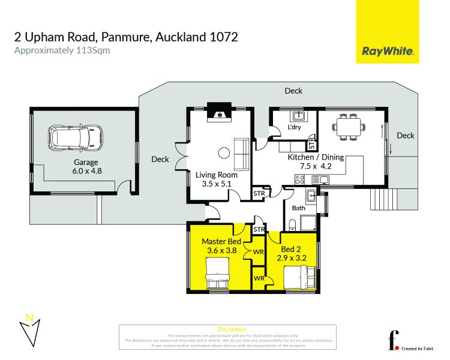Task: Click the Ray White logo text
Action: point(388,51)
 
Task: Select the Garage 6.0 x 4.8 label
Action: point(86,166)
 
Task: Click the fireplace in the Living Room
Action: point(219,112)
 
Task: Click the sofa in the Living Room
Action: point(242,153)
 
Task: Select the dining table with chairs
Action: point(349,127)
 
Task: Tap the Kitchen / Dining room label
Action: point(316,161)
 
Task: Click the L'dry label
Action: point(294,128)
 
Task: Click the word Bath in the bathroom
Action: point(299,208)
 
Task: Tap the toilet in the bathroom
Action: point(292,224)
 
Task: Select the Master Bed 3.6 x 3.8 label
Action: point(221,246)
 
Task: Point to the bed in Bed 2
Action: point(299,277)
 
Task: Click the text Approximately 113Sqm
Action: point(62,50)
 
